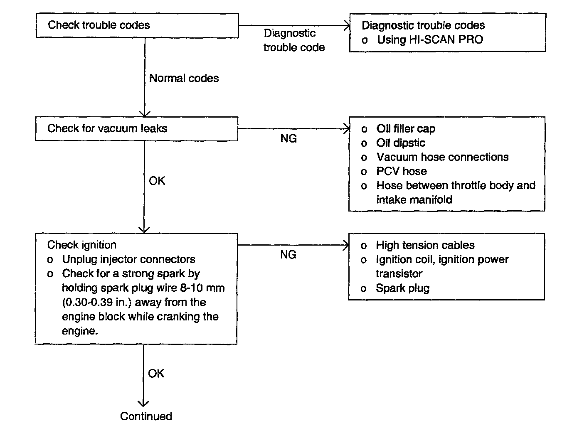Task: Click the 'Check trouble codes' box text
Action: [99, 25]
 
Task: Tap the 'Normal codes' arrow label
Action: [184, 78]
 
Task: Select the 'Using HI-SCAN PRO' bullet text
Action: [430, 40]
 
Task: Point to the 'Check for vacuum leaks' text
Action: [107, 128]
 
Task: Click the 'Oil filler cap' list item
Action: [406, 129]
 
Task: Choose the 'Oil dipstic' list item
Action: [401, 143]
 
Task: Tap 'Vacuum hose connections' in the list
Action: [442, 157]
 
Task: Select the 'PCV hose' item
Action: [402, 171]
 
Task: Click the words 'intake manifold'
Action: [414, 199]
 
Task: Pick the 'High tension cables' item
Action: [425, 245]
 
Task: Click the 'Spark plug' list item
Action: [402, 288]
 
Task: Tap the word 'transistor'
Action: [399, 274]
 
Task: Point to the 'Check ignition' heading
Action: [81, 245]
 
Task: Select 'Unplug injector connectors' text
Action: [129, 259]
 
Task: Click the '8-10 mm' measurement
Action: [202, 288]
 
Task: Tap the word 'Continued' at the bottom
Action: [146, 416]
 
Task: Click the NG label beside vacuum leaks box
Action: [288, 138]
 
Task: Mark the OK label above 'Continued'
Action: [156, 374]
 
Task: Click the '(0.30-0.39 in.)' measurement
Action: [96, 303]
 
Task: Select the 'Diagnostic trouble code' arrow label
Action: [294, 40]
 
